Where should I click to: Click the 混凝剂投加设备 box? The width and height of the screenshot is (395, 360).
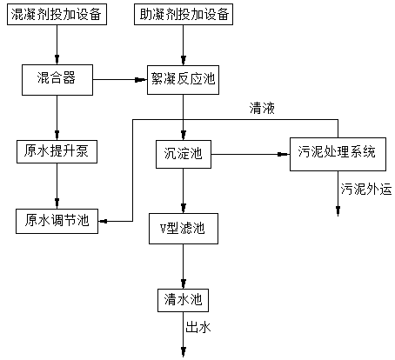coord(57,14)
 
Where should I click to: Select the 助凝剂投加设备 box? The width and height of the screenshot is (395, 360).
coord(184,14)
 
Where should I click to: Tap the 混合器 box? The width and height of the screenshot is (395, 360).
coord(57,80)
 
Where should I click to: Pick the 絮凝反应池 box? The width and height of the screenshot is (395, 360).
coord(183,80)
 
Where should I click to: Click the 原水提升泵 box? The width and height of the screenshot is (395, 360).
coord(57,151)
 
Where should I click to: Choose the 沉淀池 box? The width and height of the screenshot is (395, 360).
coord(184,154)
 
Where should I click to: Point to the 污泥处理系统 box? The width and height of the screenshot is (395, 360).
coord(338,154)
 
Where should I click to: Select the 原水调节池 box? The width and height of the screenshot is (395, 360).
coord(57,221)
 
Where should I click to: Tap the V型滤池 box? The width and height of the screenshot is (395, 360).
coord(184,229)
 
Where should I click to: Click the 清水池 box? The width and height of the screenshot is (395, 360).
coord(183,300)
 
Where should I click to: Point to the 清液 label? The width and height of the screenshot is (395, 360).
coord(262,109)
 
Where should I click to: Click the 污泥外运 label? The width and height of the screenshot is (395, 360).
coord(366,190)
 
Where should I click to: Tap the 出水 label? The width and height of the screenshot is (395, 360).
coord(198,328)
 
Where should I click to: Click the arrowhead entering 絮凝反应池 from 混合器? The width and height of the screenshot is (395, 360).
coord(141,80)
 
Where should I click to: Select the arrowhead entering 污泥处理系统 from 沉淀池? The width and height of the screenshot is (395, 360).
coord(284,154)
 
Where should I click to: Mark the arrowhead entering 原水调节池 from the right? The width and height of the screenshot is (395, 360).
coord(104,222)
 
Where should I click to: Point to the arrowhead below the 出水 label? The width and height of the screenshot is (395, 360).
coord(184,351)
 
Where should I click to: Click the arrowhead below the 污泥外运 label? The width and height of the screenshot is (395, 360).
coord(338,211)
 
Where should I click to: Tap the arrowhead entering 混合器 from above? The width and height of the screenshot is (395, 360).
coord(57,59)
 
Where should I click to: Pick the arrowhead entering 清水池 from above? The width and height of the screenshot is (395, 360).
coord(184,283)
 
